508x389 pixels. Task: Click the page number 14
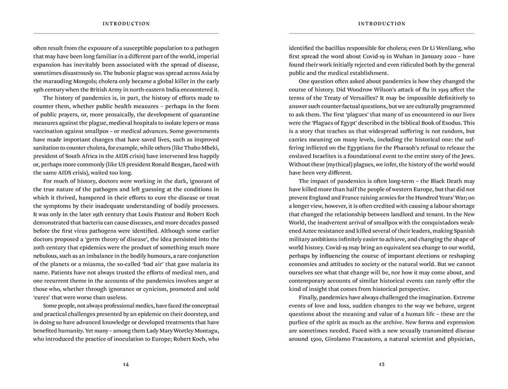tap(126, 364)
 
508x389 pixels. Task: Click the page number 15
tap(381, 364)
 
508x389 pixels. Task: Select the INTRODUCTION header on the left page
tap(126, 23)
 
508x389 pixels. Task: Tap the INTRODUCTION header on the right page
tap(382, 23)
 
